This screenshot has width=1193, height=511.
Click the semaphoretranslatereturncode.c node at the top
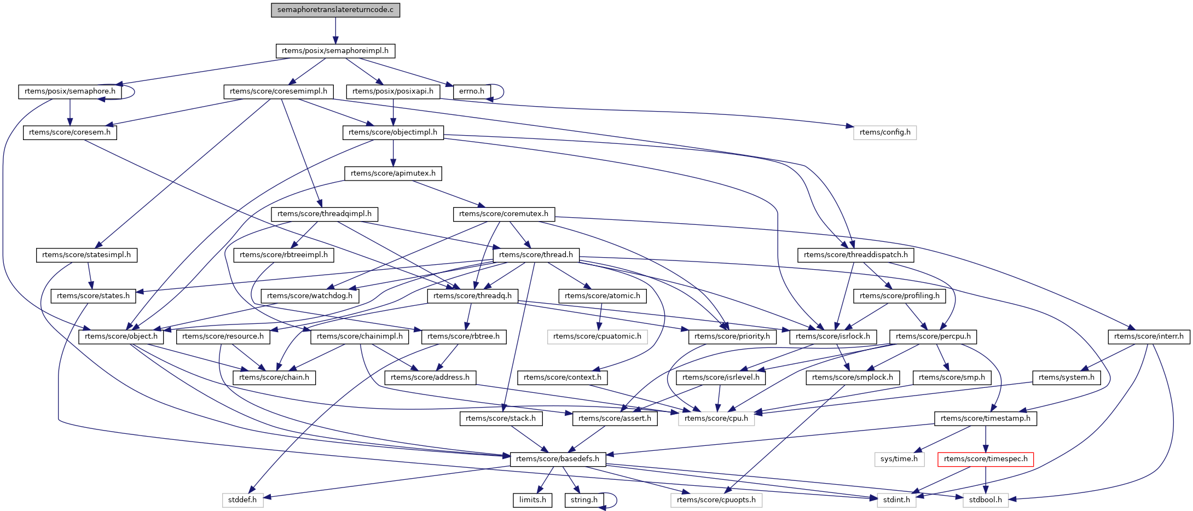[335, 10]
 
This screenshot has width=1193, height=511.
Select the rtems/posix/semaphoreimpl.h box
[335, 51]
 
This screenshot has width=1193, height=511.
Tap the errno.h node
[472, 91]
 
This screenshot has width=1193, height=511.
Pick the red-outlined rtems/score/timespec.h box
[985, 459]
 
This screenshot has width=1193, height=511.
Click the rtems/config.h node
[884, 132]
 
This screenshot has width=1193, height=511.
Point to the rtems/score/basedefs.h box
[558, 459]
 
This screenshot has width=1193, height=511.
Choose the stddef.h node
[242, 500]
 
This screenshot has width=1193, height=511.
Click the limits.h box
[532, 500]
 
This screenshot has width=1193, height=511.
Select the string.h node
[584, 500]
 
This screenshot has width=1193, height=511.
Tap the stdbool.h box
[985, 500]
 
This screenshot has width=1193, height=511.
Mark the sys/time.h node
[899, 459]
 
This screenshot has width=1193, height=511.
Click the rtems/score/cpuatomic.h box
[597, 336]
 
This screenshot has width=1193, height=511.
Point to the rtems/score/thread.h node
[536, 255]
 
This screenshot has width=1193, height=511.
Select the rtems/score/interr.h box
[1149, 336]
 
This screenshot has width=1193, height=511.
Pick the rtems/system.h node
[1066, 378]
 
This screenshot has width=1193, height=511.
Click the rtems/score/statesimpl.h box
[86, 255]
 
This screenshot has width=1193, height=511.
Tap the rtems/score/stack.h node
[501, 419]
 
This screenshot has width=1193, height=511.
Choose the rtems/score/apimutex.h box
[393, 173]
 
